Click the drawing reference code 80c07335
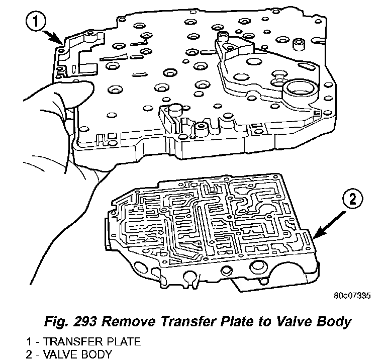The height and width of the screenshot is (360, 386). click(x=351, y=295)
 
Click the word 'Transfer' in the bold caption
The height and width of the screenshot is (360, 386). click(x=181, y=319)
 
